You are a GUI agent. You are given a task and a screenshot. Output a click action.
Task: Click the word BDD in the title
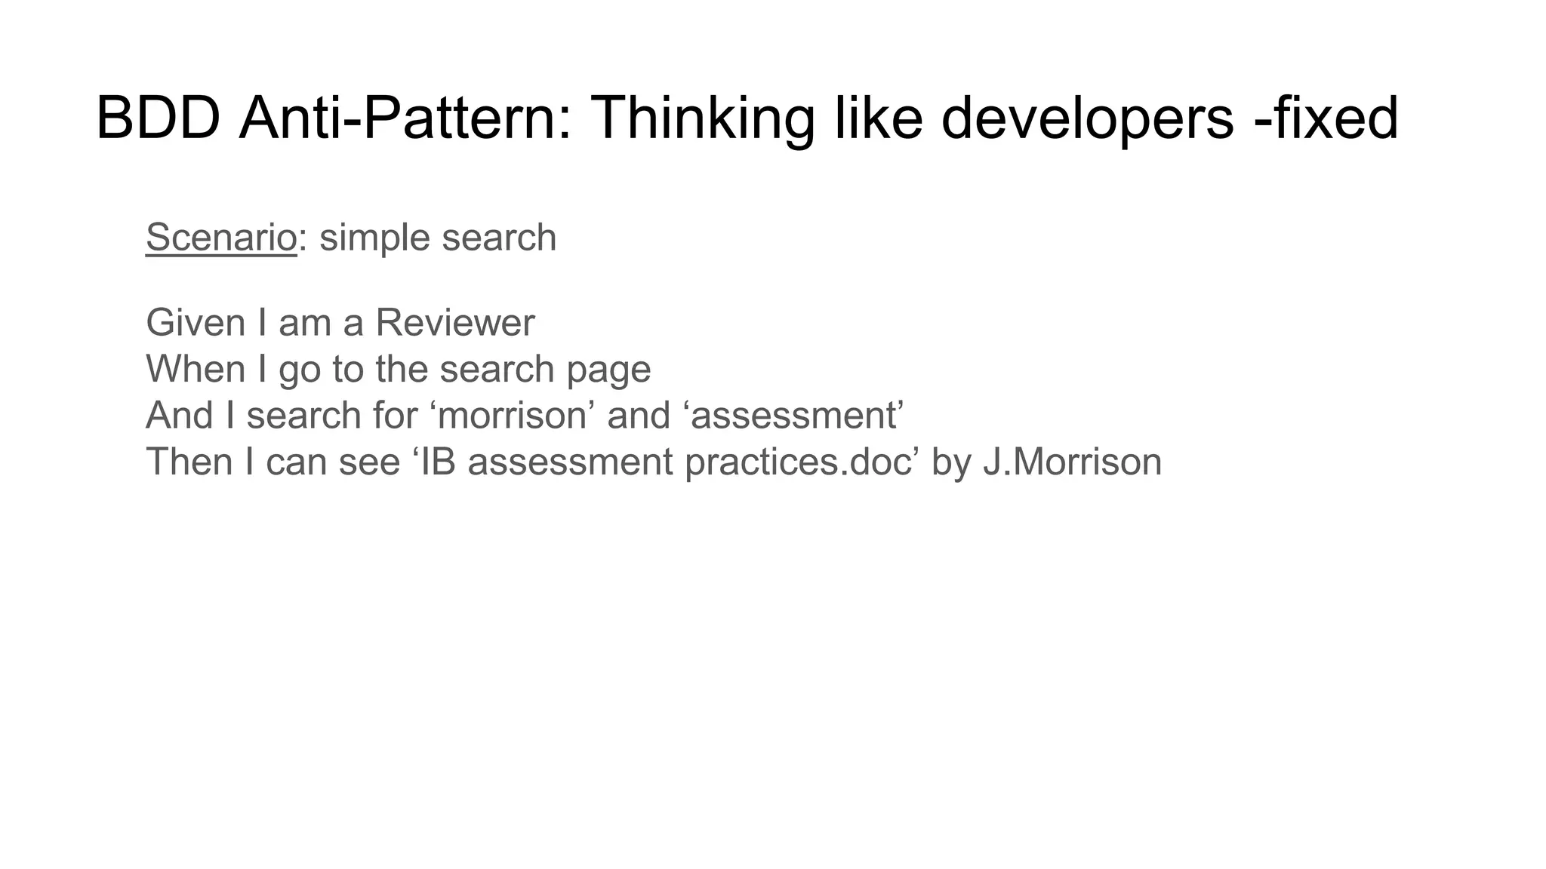158,118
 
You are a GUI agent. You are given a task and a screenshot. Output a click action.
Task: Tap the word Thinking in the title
702,118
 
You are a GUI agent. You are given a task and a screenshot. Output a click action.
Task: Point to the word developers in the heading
1087,118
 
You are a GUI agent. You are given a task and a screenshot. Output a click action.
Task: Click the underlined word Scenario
221,238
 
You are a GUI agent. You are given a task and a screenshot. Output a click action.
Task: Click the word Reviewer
454,323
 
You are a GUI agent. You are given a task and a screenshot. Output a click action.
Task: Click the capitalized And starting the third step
179,415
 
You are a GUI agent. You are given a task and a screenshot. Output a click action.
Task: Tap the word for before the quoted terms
395,415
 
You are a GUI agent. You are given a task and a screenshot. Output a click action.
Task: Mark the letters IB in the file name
438,461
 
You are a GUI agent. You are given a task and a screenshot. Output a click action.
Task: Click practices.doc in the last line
798,461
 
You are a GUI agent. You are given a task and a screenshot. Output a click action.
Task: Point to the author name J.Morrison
1072,461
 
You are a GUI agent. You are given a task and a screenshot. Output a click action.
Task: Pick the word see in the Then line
369,461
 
